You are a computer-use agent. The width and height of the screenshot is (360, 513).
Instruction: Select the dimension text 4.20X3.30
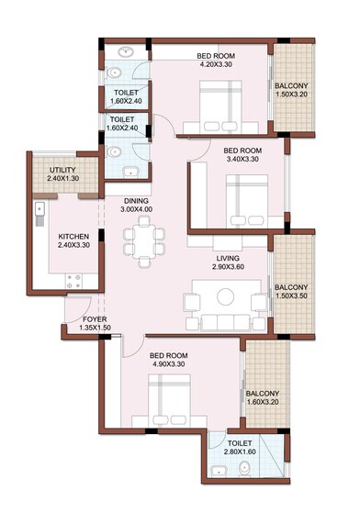(x=217, y=65)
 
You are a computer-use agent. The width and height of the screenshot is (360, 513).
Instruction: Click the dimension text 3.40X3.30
(x=243, y=159)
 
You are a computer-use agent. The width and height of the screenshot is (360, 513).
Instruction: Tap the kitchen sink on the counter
(x=39, y=214)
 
